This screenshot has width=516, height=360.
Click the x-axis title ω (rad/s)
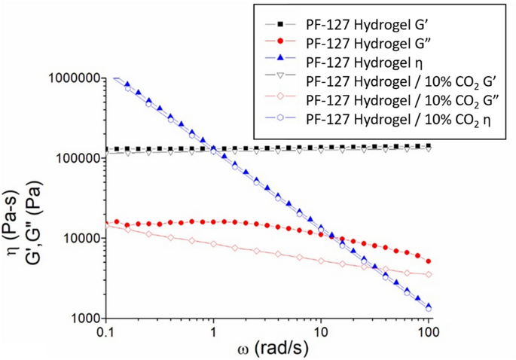pyautogui.click(x=267, y=350)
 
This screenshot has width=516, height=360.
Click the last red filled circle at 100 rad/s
pyautogui.click(x=429, y=261)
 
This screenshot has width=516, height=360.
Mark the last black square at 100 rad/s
pyautogui.click(x=429, y=146)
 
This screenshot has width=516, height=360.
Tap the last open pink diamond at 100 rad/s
pyautogui.click(x=429, y=274)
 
